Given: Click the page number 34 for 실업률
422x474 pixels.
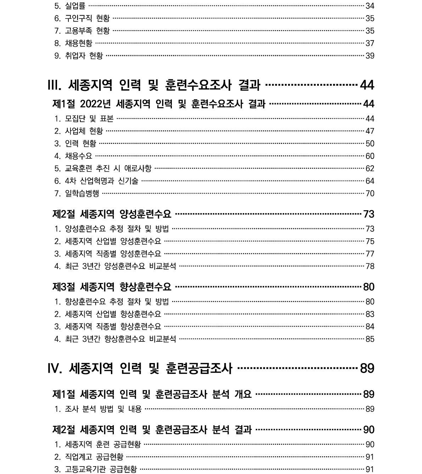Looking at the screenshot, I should (x=370, y=6).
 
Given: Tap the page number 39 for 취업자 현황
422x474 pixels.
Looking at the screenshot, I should (x=370, y=56).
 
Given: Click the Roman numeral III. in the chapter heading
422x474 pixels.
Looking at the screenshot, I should (x=55, y=85).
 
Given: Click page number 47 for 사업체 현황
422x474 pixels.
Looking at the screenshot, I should (x=370, y=131).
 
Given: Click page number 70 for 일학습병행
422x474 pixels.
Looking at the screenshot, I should (x=370, y=194).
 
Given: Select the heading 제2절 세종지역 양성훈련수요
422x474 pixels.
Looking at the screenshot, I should (x=112, y=214).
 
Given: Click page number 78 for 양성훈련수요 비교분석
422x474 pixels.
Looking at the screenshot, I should (x=370, y=266).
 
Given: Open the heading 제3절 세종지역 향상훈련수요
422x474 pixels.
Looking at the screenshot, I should (x=112, y=286).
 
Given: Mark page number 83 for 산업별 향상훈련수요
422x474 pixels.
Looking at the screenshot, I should (x=370, y=314).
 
